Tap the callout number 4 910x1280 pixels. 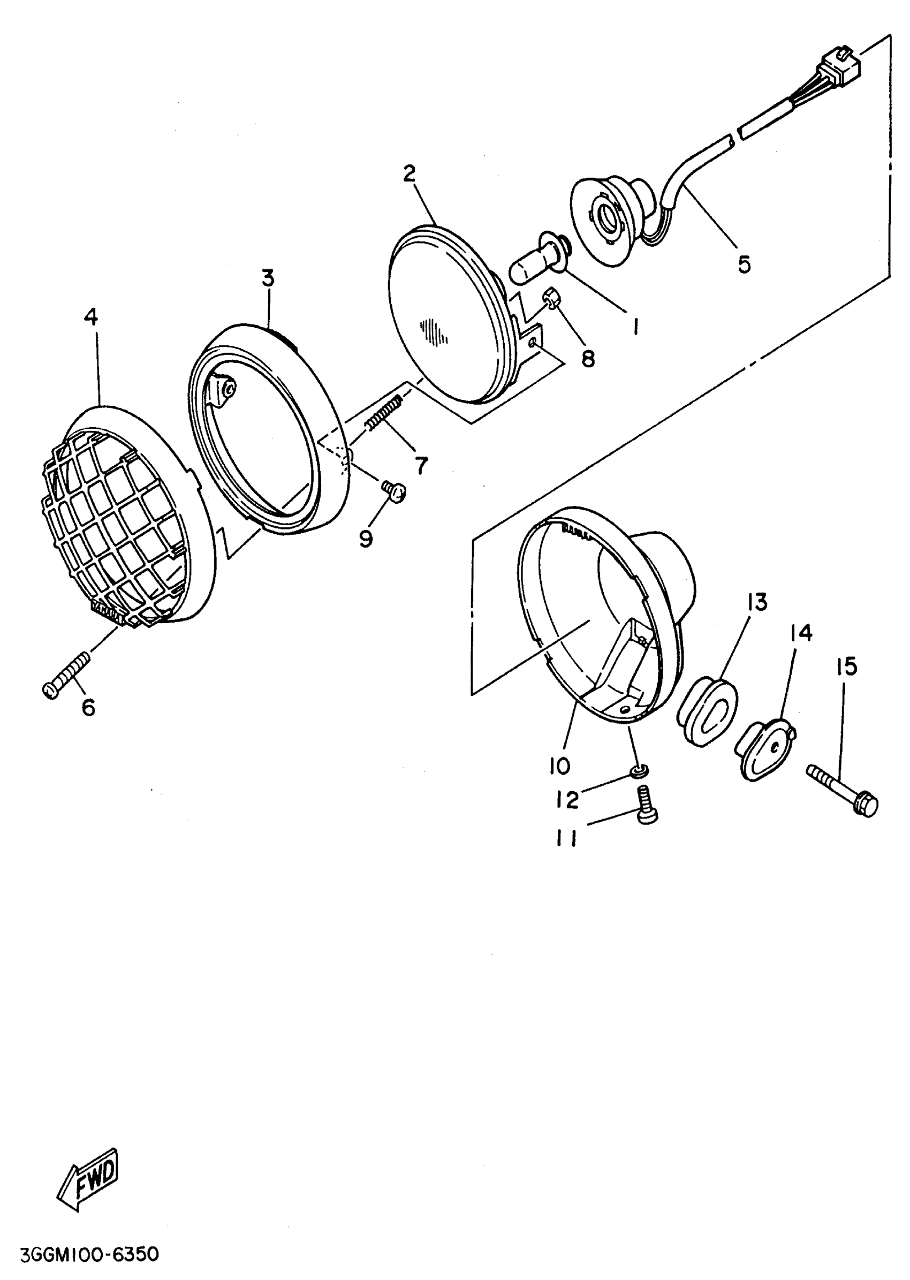pos(91,318)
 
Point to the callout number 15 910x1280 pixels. pos(847,667)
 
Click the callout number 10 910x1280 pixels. pos(559,766)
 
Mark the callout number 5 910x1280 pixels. pos(744,264)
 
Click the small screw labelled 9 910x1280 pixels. pos(395,491)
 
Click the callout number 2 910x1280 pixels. pos(409,174)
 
